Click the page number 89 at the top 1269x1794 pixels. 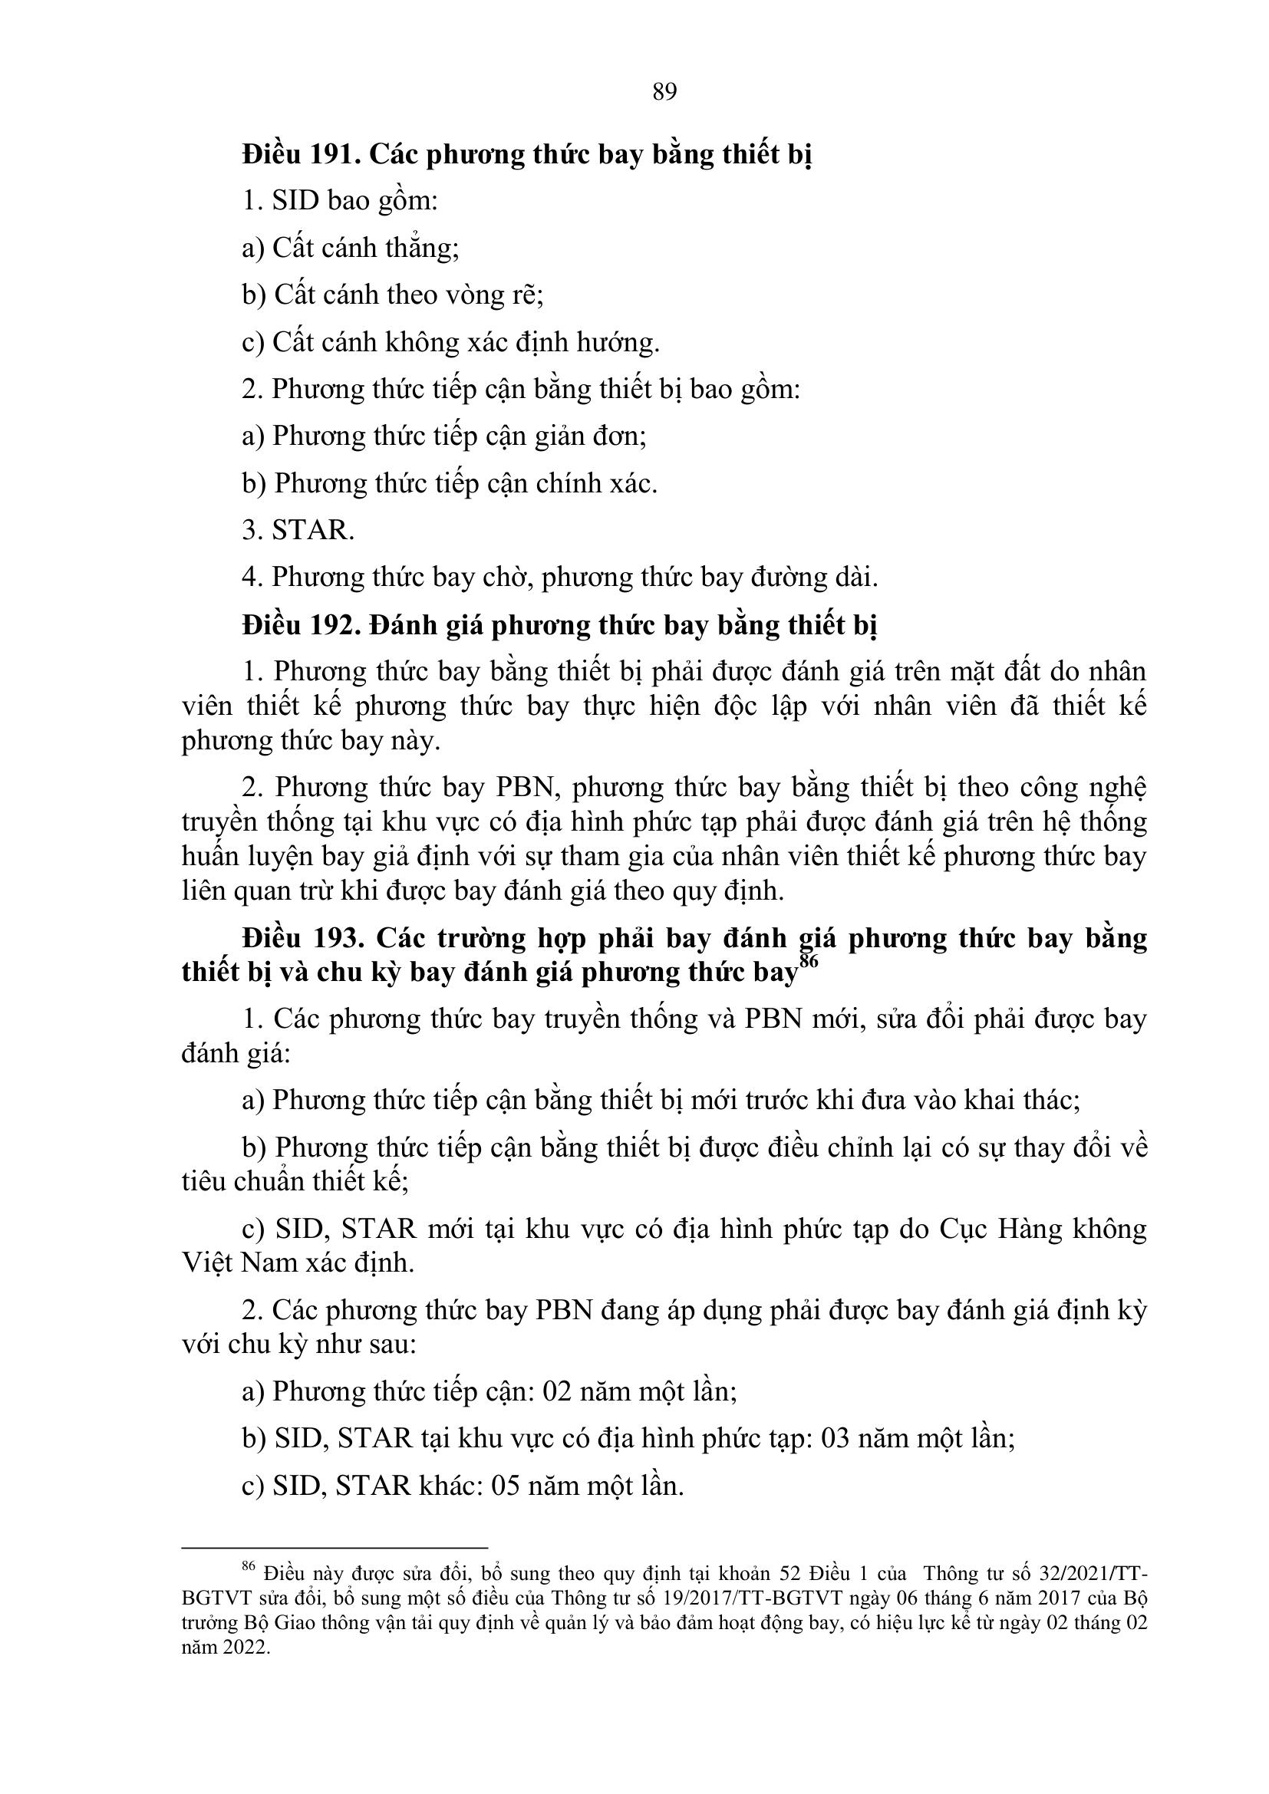click(x=664, y=92)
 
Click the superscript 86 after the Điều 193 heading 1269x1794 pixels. click(x=808, y=961)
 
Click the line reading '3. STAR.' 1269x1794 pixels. click(x=298, y=530)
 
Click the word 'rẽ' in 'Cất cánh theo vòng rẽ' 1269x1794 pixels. click(x=526, y=295)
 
